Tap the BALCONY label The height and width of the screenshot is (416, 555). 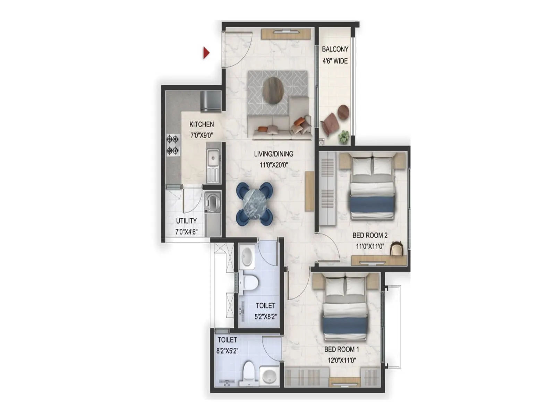335,49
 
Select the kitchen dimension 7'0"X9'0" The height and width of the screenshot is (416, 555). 202,136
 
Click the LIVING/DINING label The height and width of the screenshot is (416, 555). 274,154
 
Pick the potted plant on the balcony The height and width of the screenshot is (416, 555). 344,137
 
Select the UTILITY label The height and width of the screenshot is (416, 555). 186,221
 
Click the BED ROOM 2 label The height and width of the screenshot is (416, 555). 370,235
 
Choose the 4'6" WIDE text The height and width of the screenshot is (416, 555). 335,61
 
